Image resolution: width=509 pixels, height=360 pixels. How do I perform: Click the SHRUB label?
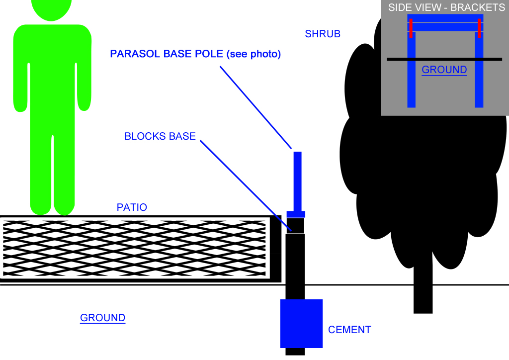323,34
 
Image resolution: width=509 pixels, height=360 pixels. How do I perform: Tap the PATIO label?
132,207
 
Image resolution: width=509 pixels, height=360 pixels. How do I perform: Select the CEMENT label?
349,330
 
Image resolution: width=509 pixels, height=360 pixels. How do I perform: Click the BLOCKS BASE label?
160,136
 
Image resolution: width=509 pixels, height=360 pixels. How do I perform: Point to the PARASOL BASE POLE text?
167,54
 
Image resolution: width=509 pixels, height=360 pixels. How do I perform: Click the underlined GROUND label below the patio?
102,318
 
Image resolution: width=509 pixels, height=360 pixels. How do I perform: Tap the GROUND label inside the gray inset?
444,70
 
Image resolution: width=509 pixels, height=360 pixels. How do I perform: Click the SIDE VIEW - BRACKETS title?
446,7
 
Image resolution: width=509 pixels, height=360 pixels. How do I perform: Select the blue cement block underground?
301,324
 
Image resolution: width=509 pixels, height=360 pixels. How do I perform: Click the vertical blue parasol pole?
297,181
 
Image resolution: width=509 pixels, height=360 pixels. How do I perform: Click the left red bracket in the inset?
411,28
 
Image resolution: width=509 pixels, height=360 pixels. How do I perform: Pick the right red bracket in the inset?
479,28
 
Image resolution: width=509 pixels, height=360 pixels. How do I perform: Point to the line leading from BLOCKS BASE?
246,186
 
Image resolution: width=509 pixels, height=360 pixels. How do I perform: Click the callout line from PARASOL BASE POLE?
255,107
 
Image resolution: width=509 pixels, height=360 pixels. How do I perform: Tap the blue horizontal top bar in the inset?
445,23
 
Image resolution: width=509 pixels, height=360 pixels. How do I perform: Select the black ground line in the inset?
444,59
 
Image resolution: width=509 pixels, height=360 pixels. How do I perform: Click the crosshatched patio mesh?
134,248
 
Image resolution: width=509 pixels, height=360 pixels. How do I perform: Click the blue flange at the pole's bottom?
296,214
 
